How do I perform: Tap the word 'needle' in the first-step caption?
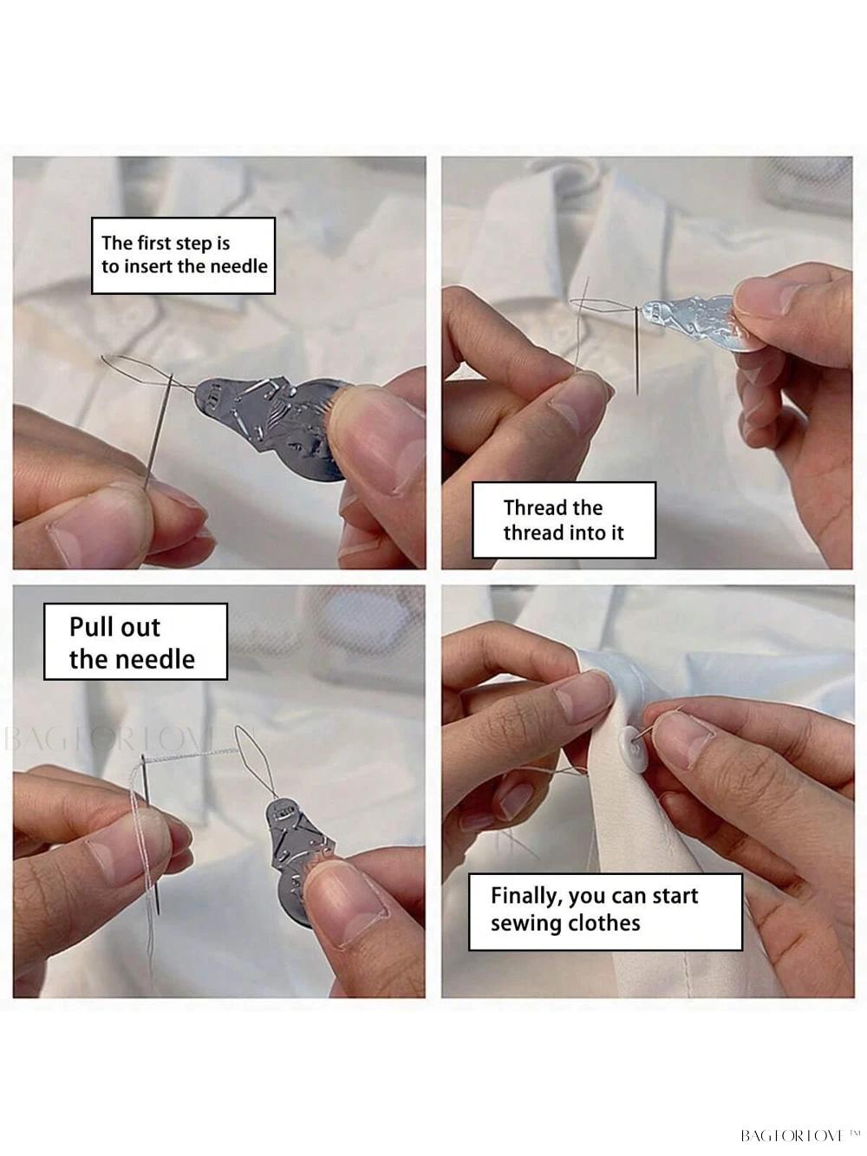point(239,266)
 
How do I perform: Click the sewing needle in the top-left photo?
point(158,432)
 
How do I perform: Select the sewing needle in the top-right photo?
point(637,349)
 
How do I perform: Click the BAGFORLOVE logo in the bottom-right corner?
point(799,1135)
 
